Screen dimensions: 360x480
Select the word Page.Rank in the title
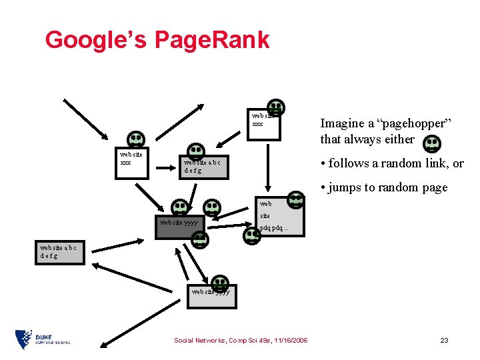pos(212,40)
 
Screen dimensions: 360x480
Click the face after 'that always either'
pos(432,143)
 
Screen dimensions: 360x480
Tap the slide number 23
pos(444,340)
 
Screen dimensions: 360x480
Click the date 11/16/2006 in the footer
pos(289,340)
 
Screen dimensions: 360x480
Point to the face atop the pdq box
pos(295,199)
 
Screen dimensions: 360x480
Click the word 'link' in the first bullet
pos(426,163)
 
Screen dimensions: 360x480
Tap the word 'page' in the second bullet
pos(434,188)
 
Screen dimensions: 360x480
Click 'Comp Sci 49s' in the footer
pos(250,340)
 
